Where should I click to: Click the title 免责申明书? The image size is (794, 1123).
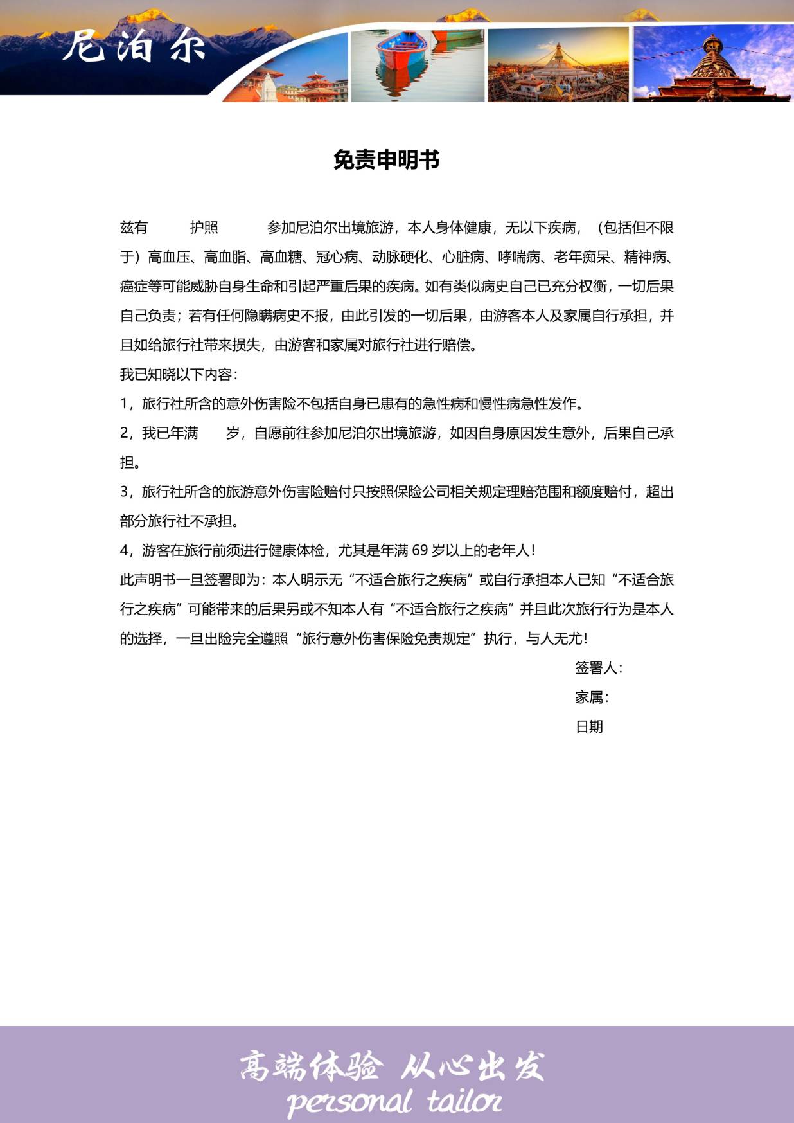coord(386,160)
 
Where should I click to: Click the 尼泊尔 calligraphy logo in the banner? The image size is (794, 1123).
coord(134,46)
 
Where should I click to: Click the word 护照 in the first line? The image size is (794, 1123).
coord(204,228)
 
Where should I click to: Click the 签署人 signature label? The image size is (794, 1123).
coord(597,668)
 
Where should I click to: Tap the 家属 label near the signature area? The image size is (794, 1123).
coord(591,697)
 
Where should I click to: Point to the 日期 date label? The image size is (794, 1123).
coord(589,727)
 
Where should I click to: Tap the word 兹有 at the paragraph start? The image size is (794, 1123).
coord(134,228)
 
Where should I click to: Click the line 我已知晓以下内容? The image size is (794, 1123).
coord(178,374)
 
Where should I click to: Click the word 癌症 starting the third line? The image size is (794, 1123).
coord(134,287)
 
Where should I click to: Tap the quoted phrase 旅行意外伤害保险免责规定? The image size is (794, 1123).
coord(385,639)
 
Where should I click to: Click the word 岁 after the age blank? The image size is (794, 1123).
coord(233,433)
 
